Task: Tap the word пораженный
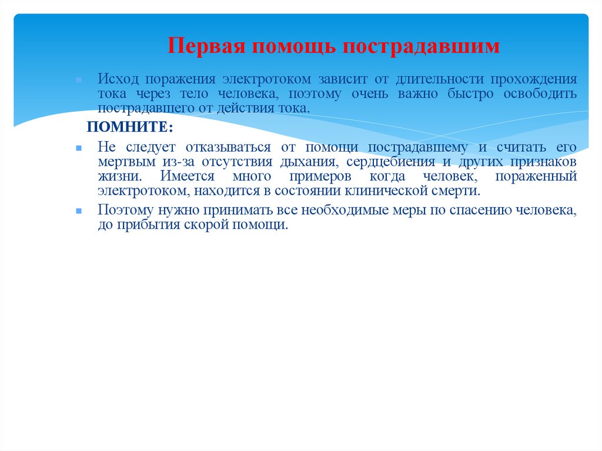536,176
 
